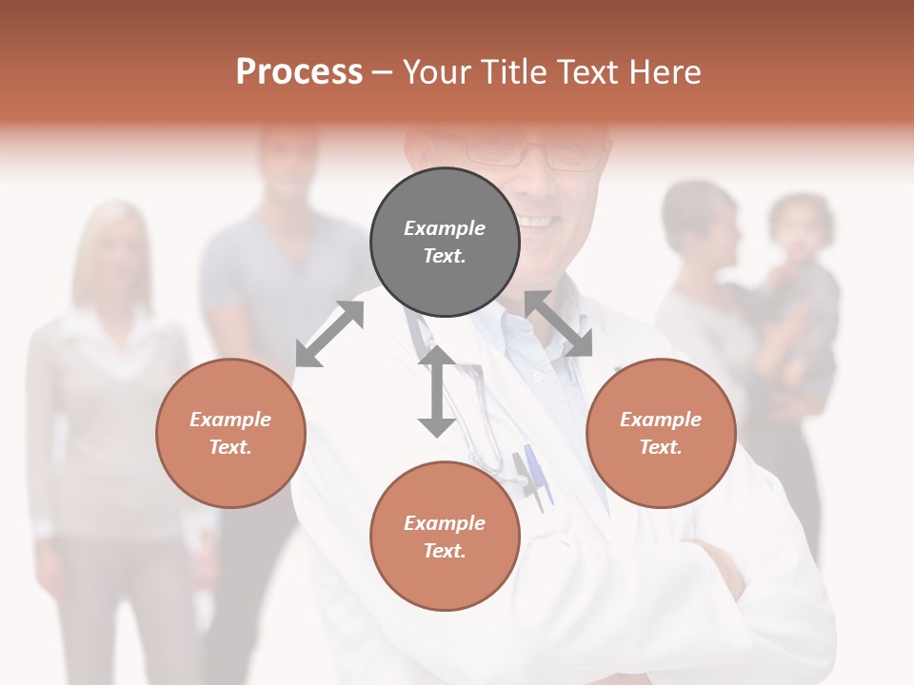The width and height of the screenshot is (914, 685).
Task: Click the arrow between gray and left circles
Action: point(329,333)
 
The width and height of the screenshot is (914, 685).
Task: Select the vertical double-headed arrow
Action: point(437,391)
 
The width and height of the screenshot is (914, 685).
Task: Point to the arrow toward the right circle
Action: point(558,323)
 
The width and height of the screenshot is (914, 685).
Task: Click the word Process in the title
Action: point(299,71)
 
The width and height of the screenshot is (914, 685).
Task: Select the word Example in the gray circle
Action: point(445,228)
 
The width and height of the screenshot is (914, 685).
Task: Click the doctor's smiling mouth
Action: point(539,221)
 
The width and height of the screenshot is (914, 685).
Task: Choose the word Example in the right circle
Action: point(661,420)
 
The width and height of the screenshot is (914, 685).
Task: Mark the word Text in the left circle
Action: point(229,447)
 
